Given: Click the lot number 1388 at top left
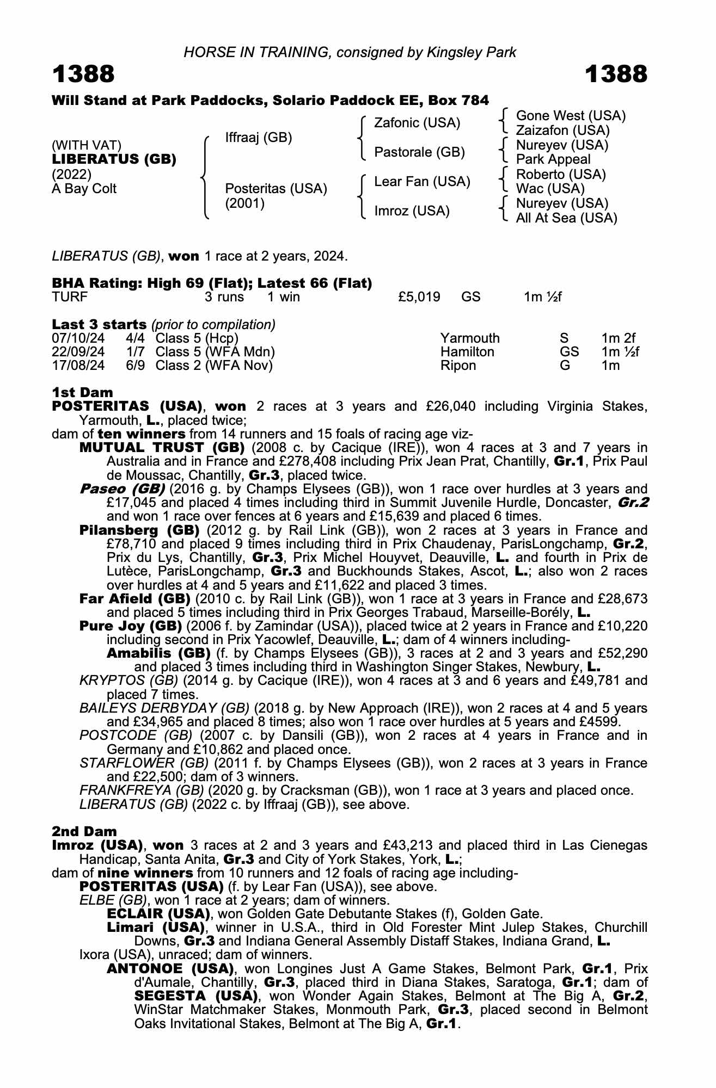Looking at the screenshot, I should (83, 74).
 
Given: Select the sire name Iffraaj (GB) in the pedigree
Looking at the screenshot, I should (259, 138).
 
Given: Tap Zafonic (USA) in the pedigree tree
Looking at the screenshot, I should (417, 123).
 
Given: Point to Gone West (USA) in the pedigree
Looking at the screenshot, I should (571, 116).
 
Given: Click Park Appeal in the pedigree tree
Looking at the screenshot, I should (553, 159).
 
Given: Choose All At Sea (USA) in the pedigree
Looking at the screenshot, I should (566, 218).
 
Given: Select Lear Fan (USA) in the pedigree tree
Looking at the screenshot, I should (422, 181).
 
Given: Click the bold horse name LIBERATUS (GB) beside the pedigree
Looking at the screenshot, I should (114, 159).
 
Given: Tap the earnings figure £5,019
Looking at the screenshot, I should (419, 297).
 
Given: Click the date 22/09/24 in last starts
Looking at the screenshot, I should (78, 352).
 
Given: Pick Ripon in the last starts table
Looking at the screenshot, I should (458, 366).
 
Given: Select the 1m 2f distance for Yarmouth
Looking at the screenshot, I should (619, 338).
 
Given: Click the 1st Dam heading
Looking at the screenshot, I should (82, 392).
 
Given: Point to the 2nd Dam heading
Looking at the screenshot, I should (84, 831).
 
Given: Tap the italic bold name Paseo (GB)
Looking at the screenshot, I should (123, 489).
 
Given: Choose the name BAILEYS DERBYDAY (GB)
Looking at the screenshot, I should (164, 708).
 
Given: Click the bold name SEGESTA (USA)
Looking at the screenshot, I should (195, 996).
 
